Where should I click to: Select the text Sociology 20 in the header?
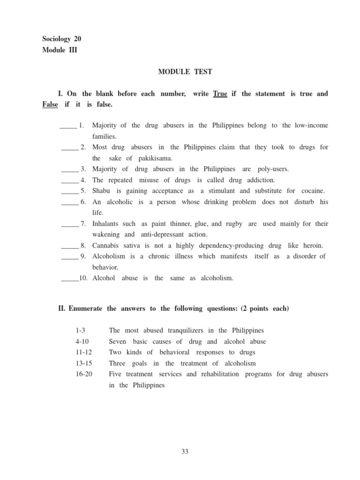click(62, 39)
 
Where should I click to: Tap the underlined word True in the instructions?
click(220, 94)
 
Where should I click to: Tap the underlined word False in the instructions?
click(50, 105)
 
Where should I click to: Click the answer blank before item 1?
click(68, 126)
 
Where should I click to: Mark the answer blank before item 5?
click(69, 191)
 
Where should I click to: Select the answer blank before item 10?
click(69, 278)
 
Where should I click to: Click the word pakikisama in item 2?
click(156, 158)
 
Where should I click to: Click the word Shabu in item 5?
click(101, 191)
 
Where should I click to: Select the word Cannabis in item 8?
click(105, 246)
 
